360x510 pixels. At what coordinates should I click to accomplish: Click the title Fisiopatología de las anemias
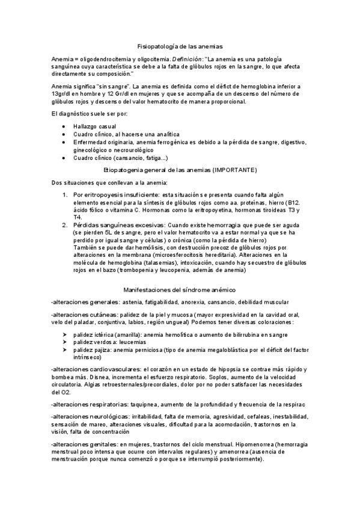(x=180, y=46)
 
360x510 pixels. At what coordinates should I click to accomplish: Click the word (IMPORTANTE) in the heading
(x=235, y=170)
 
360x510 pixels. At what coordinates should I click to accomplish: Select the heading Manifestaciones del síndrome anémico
(x=180, y=290)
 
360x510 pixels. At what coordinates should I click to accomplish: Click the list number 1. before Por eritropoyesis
(x=66, y=195)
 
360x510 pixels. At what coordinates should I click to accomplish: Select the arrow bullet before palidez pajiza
(x=65, y=349)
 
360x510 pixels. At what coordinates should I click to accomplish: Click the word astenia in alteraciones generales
(x=134, y=302)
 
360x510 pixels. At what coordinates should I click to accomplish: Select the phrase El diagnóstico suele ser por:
(x=90, y=114)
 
